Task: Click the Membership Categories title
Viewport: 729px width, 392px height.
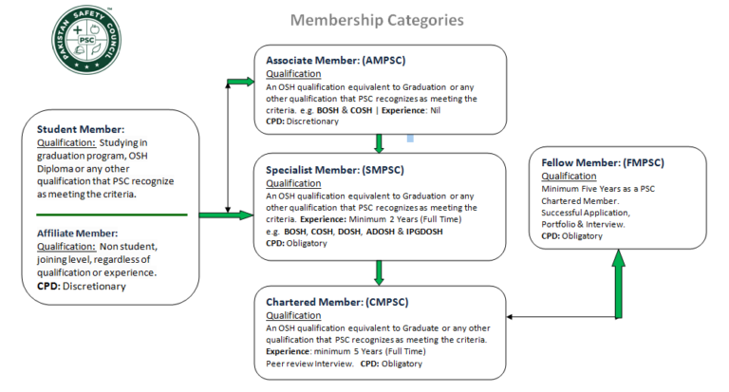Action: click(377, 19)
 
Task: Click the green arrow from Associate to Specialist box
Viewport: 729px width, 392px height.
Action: click(379, 142)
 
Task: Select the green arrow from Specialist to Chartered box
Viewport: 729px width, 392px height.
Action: click(379, 272)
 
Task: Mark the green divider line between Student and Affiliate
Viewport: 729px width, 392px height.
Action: click(111, 215)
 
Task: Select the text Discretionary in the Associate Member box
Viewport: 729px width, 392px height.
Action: click(314, 122)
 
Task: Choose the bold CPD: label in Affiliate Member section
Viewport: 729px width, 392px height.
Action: click(48, 286)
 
